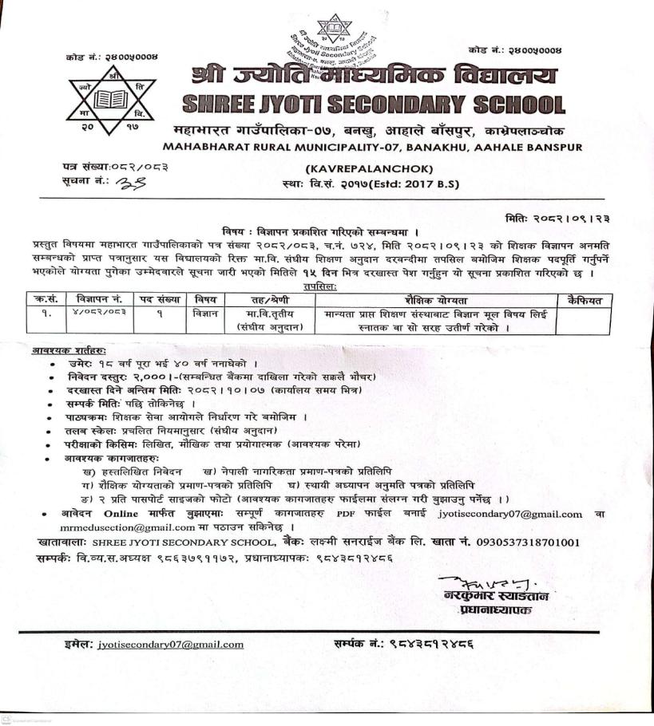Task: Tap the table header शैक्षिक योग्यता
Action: [x=435, y=301]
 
